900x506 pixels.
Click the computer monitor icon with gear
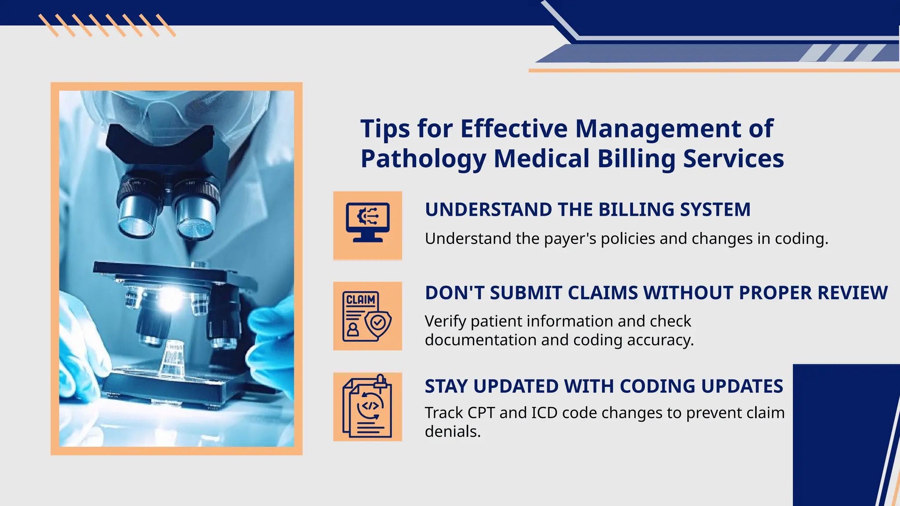point(367,222)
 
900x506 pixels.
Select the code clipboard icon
point(367,406)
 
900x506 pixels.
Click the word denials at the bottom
point(452,432)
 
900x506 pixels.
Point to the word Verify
point(445,322)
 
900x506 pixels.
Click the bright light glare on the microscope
point(170,299)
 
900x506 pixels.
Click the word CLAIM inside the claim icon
point(361,300)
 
